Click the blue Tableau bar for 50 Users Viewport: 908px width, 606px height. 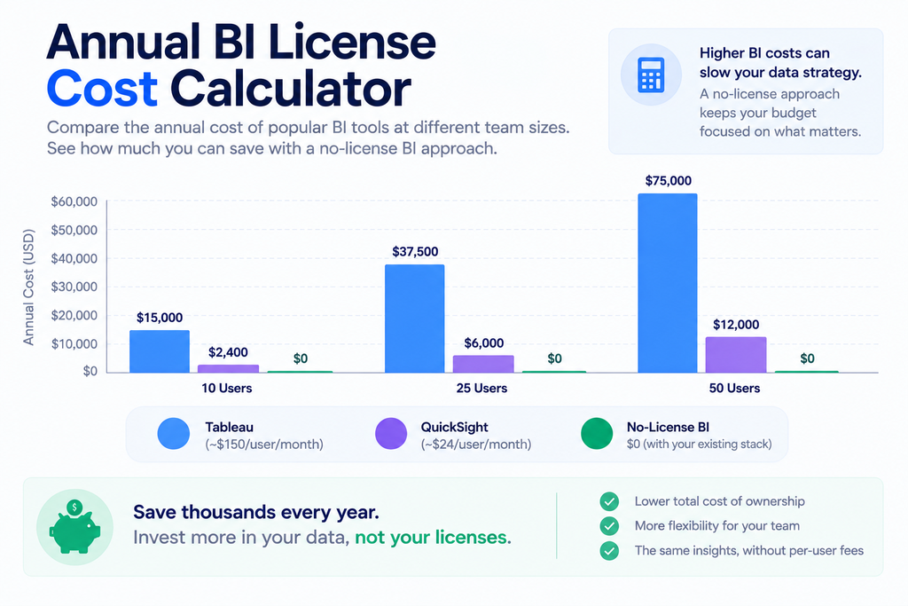(x=667, y=283)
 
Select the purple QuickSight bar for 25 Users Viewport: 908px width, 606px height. (x=483, y=364)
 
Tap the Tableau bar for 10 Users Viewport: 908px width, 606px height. (x=160, y=351)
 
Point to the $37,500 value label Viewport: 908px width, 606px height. (x=415, y=251)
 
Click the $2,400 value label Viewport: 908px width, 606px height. (x=228, y=352)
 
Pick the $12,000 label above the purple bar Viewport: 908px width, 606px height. (x=736, y=325)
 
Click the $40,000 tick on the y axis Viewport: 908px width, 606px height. (x=74, y=258)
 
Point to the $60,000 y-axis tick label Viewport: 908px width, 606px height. (x=74, y=201)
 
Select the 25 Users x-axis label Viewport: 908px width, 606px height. (x=481, y=388)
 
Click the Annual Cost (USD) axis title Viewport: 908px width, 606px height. (x=28, y=287)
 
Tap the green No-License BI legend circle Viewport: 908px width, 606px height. (x=597, y=433)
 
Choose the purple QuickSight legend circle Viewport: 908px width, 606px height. (x=391, y=433)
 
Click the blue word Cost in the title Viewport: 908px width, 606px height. (x=102, y=89)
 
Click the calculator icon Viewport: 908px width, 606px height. (x=651, y=75)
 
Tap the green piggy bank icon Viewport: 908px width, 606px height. (x=74, y=527)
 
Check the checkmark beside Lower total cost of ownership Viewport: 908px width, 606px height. (x=609, y=501)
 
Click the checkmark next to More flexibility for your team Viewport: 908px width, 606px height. (x=609, y=526)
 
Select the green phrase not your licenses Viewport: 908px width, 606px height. (x=433, y=538)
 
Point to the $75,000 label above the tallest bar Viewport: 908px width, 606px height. (x=669, y=181)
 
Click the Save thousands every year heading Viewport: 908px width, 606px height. (x=256, y=513)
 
